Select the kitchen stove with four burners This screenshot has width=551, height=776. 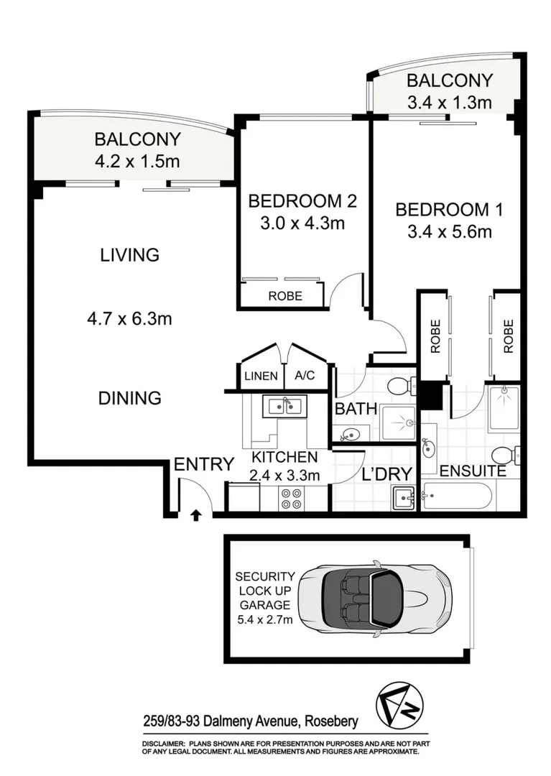coord(291,499)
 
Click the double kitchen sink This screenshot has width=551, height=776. coord(286,406)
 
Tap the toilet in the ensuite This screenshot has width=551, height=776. coord(506,454)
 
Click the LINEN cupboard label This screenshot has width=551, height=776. coord(260,377)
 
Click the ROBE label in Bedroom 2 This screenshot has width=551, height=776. coord(285,295)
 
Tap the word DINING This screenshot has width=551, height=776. coord(130,397)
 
